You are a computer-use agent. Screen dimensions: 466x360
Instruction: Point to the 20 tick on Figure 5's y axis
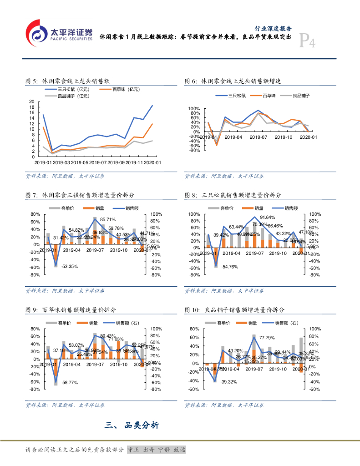(31, 101)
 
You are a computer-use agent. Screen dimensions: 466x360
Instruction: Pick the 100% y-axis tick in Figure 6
(194, 109)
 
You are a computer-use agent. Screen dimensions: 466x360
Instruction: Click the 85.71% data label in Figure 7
(108, 220)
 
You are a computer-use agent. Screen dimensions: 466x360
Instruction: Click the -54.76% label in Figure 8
(229, 267)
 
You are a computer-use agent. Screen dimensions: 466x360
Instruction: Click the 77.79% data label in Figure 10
(267, 338)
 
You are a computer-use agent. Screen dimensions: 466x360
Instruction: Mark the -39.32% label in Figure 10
(229, 382)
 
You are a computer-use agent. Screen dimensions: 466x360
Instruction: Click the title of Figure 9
(75, 310)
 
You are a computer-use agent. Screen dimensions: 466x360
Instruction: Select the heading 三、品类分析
(132, 426)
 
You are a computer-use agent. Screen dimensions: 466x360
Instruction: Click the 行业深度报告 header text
(273, 28)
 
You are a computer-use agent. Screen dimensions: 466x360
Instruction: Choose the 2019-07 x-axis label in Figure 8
(258, 253)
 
